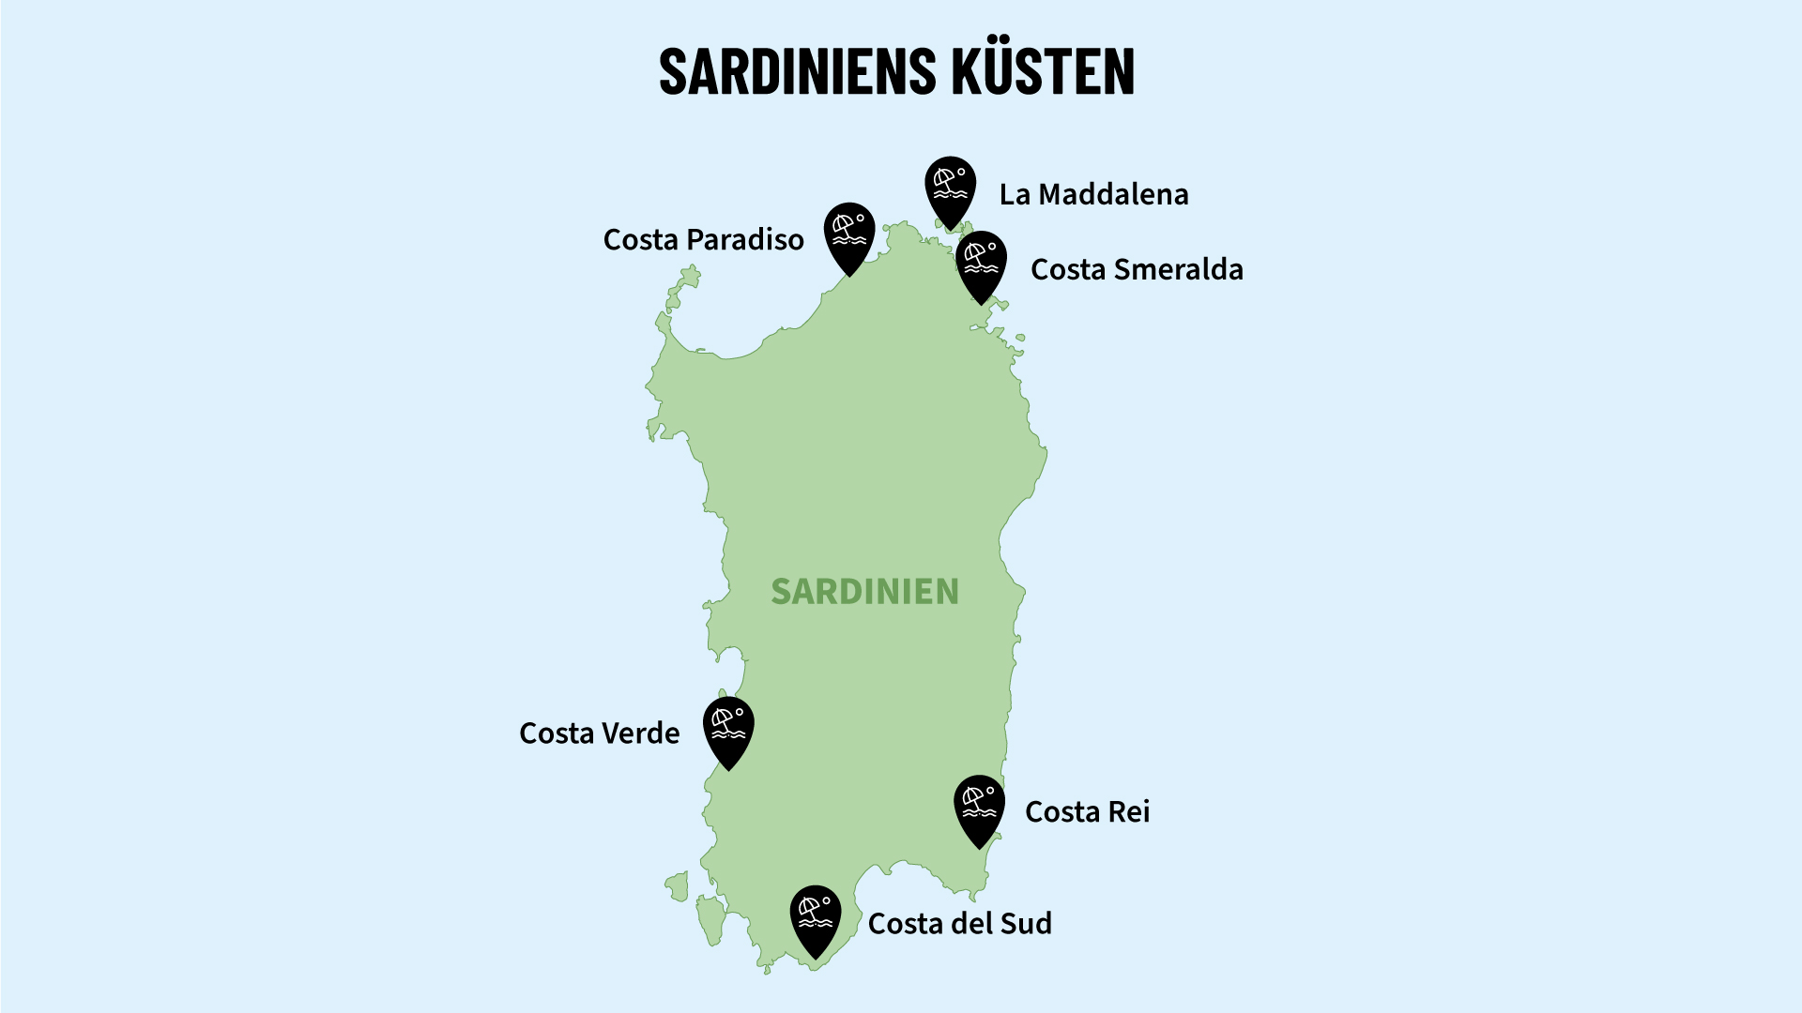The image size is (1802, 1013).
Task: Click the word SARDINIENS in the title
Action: pos(798,71)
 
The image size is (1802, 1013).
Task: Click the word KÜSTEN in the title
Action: pos(1043,71)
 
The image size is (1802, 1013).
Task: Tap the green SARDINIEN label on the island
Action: pos(864,592)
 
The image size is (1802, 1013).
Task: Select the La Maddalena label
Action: pos(1093,194)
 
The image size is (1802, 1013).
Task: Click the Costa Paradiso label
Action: pos(703,240)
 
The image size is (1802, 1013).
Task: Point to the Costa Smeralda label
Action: pos(1137,270)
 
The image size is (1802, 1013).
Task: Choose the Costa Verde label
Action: pos(599,733)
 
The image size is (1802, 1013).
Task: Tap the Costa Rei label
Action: pos(1087,812)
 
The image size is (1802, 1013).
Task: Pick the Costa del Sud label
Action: pos(959,924)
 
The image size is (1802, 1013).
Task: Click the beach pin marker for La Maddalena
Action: pos(950,186)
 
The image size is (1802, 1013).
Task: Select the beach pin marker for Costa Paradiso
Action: pos(849,233)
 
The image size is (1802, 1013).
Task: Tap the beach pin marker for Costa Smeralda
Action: pos(981,261)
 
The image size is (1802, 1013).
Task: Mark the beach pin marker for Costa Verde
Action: pos(728,727)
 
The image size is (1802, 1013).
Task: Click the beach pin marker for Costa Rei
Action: pos(979,805)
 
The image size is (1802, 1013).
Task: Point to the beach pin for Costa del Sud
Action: pos(815,915)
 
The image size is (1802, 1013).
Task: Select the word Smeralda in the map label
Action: pos(1177,270)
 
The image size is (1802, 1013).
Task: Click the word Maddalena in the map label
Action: pos(1113,194)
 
